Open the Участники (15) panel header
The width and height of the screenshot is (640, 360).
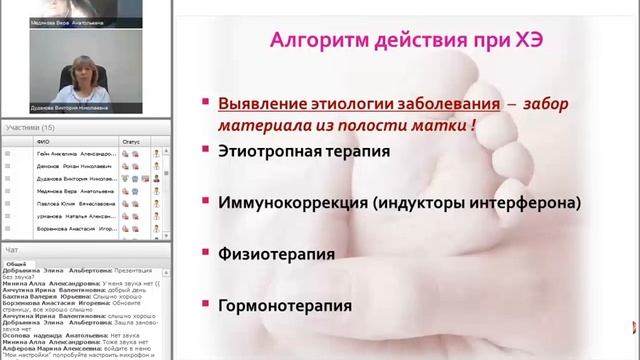point(30,128)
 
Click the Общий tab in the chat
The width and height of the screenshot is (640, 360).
point(17,262)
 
